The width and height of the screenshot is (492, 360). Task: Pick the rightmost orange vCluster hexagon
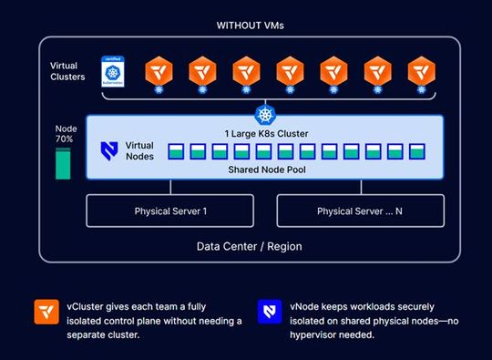click(x=420, y=69)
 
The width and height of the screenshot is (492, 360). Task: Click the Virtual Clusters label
click(x=68, y=71)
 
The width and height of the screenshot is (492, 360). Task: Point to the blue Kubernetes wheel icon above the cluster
click(x=265, y=114)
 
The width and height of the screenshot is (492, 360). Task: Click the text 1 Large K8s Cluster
click(x=265, y=134)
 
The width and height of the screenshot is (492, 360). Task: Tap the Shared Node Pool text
click(x=264, y=170)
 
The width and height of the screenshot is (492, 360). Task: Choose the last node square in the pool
click(x=418, y=151)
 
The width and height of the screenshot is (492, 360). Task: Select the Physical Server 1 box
click(x=170, y=211)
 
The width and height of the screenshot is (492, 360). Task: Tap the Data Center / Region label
click(x=249, y=246)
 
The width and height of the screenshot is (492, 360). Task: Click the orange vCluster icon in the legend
click(x=43, y=309)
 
